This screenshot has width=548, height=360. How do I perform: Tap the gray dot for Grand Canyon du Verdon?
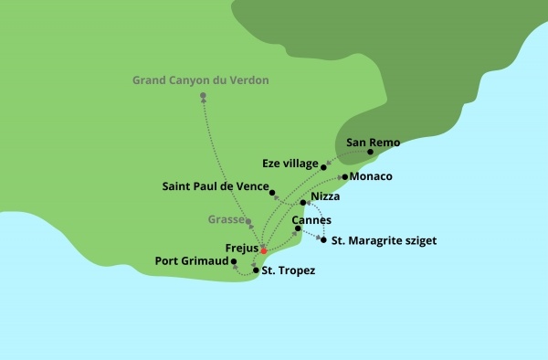pos(202,96)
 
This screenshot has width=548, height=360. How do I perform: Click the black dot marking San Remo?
pos(370,153)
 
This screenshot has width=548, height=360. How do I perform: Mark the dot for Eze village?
pos(324,166)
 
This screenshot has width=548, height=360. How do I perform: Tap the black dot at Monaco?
pos(344,175)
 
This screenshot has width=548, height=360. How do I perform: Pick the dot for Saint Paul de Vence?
pos(272,192)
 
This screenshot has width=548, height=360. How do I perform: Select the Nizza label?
pos(325,196)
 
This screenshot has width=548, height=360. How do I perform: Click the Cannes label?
pos(311,220)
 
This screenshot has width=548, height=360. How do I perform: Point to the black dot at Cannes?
pos(311,229)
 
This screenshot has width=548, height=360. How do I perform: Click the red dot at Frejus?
pos(264,250)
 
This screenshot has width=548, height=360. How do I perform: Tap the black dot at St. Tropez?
pos(256,271)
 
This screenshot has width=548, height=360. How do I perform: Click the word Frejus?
pos(241,248)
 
